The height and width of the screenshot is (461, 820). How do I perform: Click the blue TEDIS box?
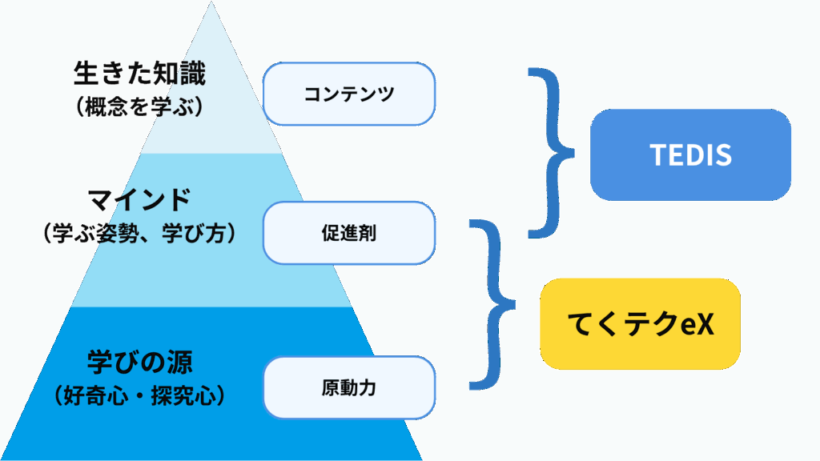click(x=690, y=155)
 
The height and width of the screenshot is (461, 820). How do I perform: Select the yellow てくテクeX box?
click(x=640, y=324)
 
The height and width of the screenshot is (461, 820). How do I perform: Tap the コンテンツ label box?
click(x=349, y=94)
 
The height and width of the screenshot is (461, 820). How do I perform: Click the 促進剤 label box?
click(x=349, y=233)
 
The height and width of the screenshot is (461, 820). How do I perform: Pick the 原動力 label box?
click(x=349, y=388)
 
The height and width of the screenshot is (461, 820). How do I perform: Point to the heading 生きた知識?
click(x=139, y=75)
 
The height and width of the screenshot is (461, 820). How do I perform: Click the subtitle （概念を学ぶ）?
click(x=139, y=107)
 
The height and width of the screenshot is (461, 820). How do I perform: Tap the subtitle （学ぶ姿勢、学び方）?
click(x=139, y=233)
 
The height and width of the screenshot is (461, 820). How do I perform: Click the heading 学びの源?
click(x=139, y=359)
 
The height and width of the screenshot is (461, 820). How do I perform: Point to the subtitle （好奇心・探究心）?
click(x=139, y=395)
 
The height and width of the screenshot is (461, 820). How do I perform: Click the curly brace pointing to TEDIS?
click(x=552, y=152)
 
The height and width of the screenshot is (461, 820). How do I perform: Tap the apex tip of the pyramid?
click(x=211, y=3)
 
